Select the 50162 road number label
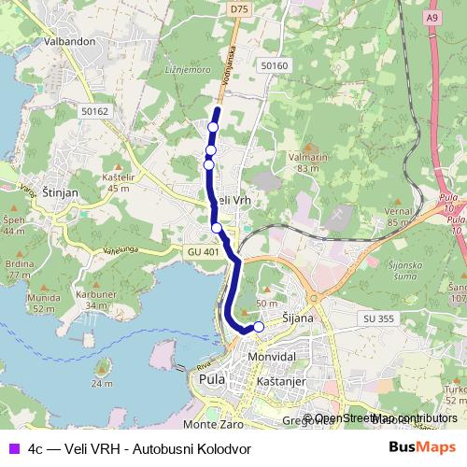[x=95, y=111]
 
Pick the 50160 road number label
[x=276, y=65]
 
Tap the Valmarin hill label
[x=308, y=158]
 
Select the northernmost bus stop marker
[x=213, y=127]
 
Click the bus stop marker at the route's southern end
[x=259, y=327]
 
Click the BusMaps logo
[x=422, y=446]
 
